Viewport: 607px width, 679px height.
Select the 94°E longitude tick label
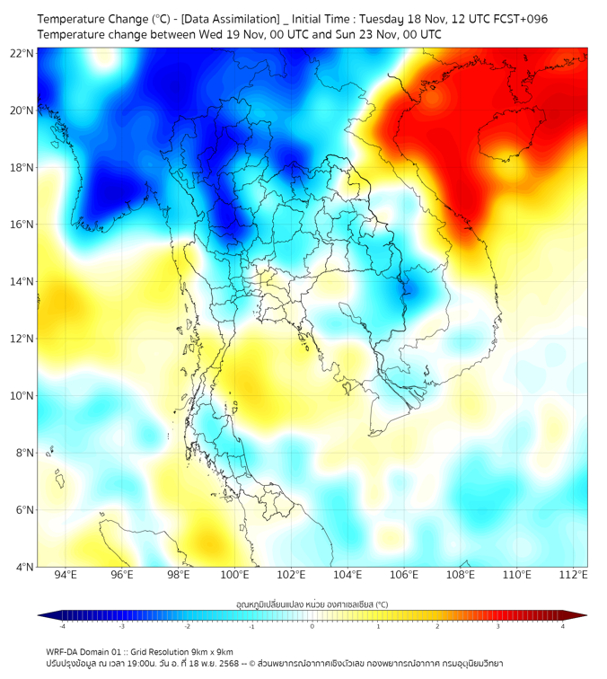(x=66, y=576)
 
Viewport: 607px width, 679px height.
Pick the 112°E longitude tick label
(x=574, y=576)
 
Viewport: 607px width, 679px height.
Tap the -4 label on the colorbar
(x=61, y=626)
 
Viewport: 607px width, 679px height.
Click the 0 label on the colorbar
(x=312, y=626)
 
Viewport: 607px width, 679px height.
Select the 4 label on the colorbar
(x=563, y=626)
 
